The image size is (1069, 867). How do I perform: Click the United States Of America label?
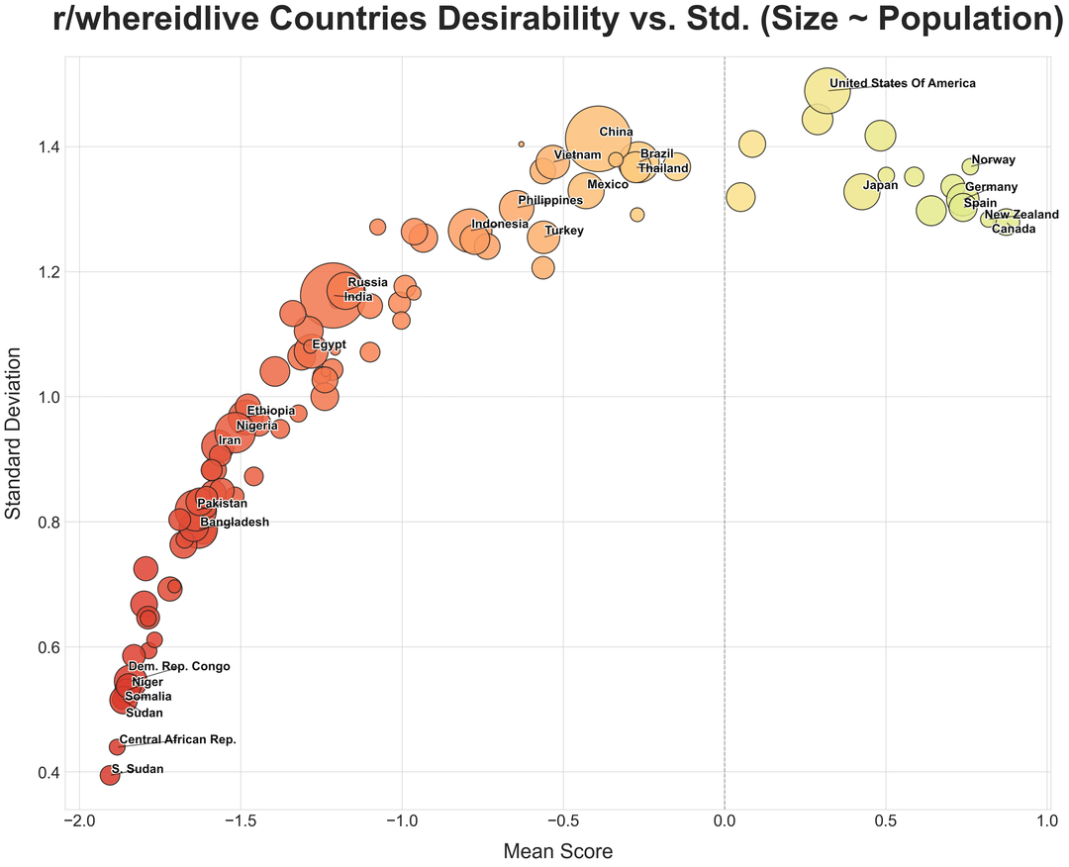(x=902, y=84)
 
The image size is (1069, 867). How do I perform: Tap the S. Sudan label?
(x=138, y=769)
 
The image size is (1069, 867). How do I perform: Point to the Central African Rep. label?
(x=177, y=739)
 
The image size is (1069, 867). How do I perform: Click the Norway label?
(x=993, y=160)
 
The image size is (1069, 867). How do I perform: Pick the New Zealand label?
(x=1020, y=215)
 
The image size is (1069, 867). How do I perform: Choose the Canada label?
(x=1014, y=230)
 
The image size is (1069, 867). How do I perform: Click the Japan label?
(x=880, y=185)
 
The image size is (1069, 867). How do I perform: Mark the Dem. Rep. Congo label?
(x=179, y=667)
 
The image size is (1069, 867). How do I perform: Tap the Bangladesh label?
(x=234, y=523)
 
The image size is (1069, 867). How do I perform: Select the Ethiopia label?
(x=270, y=411)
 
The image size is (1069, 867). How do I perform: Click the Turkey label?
(x=564, y=231)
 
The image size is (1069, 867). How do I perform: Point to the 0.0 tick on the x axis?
(x=725, y=821)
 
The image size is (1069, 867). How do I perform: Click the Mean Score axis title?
(x=558, y=851)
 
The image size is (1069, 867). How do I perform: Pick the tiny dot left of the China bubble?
(x=522, y=144)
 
